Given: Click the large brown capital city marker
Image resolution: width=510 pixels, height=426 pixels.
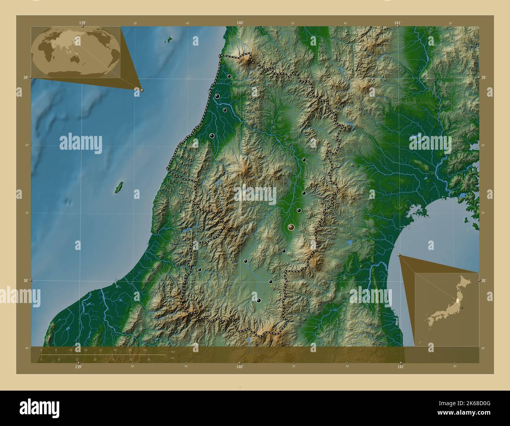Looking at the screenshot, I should pyautogui.click(x=291, y=227).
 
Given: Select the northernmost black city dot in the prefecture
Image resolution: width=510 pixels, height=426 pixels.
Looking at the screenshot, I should pyautogui.click(x=229, y=76).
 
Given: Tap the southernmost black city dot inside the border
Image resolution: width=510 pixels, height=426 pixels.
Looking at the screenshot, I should pyautogui.click(x=259, y=301).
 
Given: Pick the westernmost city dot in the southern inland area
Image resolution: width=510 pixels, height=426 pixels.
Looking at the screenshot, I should pyautogui.click(x=200, y=270).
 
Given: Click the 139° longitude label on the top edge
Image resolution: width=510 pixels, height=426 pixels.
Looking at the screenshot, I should pyautogui.click(x=82, y=23).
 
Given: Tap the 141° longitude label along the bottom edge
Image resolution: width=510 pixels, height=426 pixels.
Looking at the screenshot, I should pyautogui.click(x=400, y=367).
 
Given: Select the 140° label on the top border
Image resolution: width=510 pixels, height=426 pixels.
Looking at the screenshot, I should pyautogui.click(x=240, y=23).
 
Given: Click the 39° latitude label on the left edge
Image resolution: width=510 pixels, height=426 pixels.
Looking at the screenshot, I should pyautogui.click(x=25, y=78).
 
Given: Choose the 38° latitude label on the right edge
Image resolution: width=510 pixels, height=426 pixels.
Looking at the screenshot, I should pyautogui.click(x=483, y=280).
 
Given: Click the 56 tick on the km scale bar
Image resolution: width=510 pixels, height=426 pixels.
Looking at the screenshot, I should pyautogui.click(x=145, y=350).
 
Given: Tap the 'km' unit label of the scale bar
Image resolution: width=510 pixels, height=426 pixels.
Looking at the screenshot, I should pyautogui.click(x=173, y=351).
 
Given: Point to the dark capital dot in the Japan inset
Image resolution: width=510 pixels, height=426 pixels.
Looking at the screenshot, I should pyautogui.click(x=462, y=308).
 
